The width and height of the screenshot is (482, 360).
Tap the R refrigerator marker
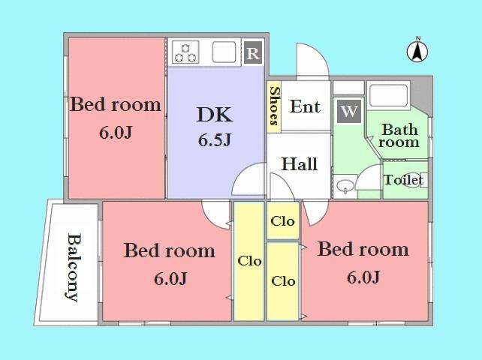point(253,53)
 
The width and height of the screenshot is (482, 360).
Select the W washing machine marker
point(348,112)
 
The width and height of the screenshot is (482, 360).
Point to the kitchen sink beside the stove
point(224,52)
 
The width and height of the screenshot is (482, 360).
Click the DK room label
point(215,115)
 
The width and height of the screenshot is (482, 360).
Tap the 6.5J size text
point(215,140)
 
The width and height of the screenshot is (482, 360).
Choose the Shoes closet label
point(274,107)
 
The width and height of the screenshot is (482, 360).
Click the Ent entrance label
point(305,106)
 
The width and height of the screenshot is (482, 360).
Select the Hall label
point(299,164)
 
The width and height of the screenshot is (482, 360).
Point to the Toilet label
point(404,180)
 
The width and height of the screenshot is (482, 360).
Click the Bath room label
point(399,135)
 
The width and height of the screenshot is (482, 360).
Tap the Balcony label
point(73,267)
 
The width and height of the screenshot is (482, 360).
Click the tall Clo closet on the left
point(249,261)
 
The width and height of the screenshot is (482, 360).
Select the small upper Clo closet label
point(283,221)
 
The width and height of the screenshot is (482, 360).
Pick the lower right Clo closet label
point(283,281)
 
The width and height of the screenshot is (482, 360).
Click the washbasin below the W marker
point(346,184)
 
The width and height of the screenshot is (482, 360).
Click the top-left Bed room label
point(116,104)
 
